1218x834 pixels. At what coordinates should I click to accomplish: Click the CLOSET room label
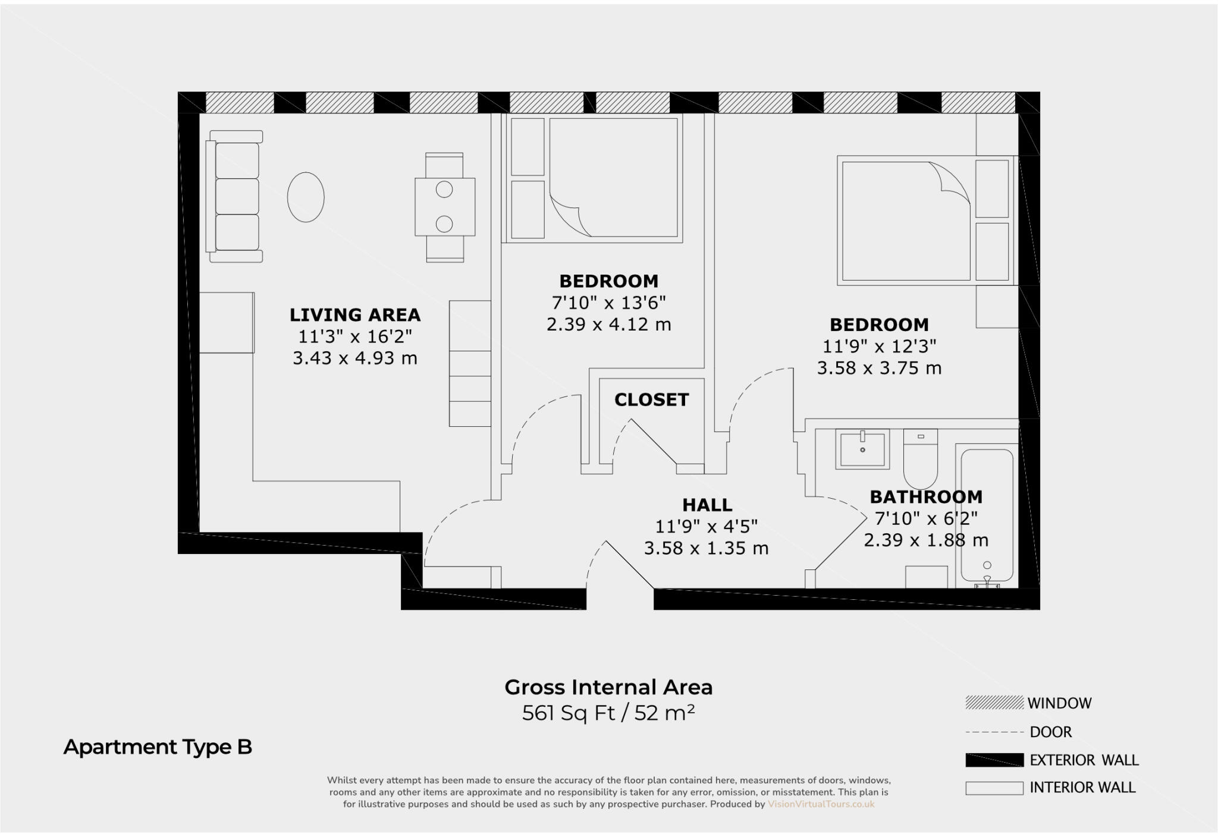[651, 399]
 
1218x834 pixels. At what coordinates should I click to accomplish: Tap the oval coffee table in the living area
[306, 197]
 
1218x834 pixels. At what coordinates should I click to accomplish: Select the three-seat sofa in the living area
[236, 196]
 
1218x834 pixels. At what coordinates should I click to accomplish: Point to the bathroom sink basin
[862, 449]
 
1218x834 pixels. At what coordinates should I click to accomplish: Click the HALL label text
[707, 505]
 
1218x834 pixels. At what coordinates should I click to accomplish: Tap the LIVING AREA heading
[355, 314]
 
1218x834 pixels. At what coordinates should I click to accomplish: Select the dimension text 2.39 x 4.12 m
[608, 325]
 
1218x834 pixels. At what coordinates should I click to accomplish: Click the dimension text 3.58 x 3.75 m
[879, 369]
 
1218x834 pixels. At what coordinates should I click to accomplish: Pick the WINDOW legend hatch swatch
[994, 703]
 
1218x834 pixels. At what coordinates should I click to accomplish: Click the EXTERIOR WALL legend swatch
[994, 760]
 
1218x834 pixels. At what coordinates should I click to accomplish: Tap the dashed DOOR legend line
[994, 732]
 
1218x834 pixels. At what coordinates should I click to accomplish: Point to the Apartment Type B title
[158, 747]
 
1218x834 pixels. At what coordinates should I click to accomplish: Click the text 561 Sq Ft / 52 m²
[608, 713]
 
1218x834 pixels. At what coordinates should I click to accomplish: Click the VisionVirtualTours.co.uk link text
[821, 804]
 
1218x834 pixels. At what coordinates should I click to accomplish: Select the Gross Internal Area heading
[608, 687]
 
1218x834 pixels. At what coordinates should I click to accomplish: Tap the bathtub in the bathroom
[987, 514]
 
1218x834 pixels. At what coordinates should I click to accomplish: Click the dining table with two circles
[445, 207]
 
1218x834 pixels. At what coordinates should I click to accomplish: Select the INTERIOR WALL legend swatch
[994, 788]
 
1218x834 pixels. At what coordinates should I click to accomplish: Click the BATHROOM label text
[926, 497]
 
